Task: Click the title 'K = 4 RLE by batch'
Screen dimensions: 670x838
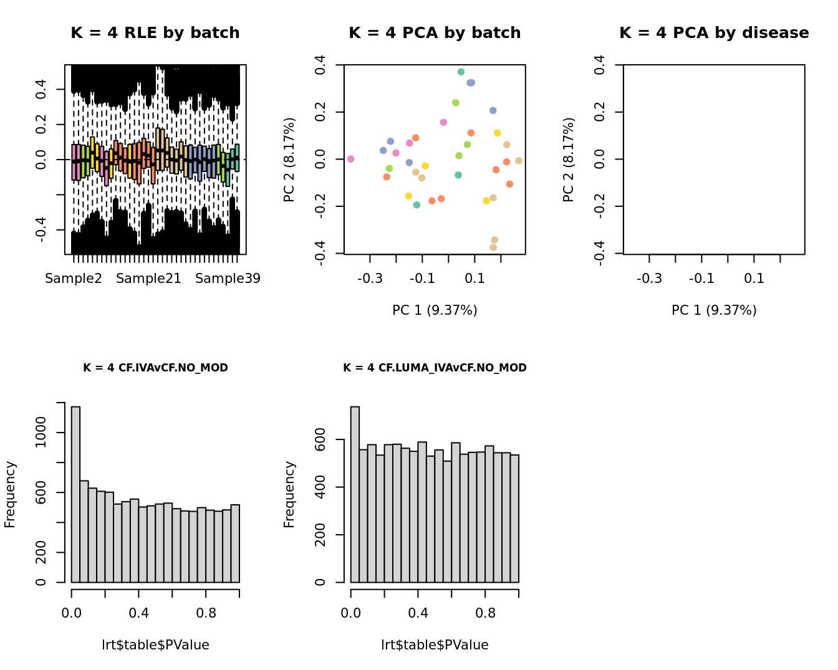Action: pyautogui.click(x=155, y=33)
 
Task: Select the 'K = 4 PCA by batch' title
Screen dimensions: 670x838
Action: pyautogui.click(x=435, y=33)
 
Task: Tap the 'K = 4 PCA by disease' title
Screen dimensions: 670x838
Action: pyautogui.click(x=714, y=33)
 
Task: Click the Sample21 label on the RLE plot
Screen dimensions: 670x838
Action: pyautogui.click(x=148, y=279)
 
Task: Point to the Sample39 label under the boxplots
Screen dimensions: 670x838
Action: pyautogui.click(x=228, y=279)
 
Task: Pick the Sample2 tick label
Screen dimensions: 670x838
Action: pyautogui.click(x=74, y=279)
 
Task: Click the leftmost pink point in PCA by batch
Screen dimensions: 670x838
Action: pyautogui.click(x=351, y=159)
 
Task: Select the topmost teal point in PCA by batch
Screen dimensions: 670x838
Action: pyautogui.click(x=461, y=72)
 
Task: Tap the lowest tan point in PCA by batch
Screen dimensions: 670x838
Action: pyautogui.click(x=493, y=247)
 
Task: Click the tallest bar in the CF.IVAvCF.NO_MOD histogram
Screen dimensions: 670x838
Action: pyautogui.click(x=76, y=494)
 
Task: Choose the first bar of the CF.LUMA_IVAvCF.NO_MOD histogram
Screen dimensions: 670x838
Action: pyautogui.click(x=355, y=494)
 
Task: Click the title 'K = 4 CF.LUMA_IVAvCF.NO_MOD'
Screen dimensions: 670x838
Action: pyautogui.click(x=435, y=368)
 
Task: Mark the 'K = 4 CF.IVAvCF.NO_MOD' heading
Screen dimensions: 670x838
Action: pyautogui.click(x=155, y=368)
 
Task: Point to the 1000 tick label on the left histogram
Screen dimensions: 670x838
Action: pyautogui.click(x=41, y=433)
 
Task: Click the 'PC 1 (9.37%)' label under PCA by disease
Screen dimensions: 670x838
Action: pyautogui.click(x=714, y=310)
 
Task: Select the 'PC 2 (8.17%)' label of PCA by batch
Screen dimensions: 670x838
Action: pyautogui.click(x=289, y=160)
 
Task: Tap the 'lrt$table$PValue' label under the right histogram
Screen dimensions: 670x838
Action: pyautogui.click(x=435, y=645)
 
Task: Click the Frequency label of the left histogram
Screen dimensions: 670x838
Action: pyautogui.click(x=10, y=494)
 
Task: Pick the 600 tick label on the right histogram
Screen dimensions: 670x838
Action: pyautogui.click(x=320, y=439)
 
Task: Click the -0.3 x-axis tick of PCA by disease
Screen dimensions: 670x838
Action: pyautogui.click(x=649, y=279)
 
